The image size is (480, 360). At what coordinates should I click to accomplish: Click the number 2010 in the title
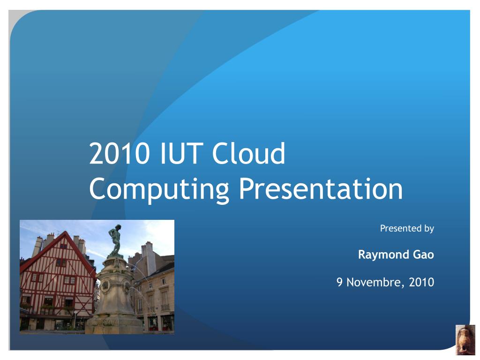(120, 153)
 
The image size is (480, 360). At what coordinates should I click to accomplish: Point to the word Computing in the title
(159, 190)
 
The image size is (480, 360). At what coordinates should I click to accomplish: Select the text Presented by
(407, 228)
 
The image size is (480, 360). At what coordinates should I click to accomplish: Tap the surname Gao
(424, 255)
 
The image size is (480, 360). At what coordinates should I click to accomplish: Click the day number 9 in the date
(339, 282)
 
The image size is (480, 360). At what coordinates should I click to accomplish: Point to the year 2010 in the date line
(421, 282)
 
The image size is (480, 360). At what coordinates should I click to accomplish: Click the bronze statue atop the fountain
(115, 240)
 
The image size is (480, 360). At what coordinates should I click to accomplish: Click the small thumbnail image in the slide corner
(465, 340)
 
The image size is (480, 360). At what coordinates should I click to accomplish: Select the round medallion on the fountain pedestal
(105, 285)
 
